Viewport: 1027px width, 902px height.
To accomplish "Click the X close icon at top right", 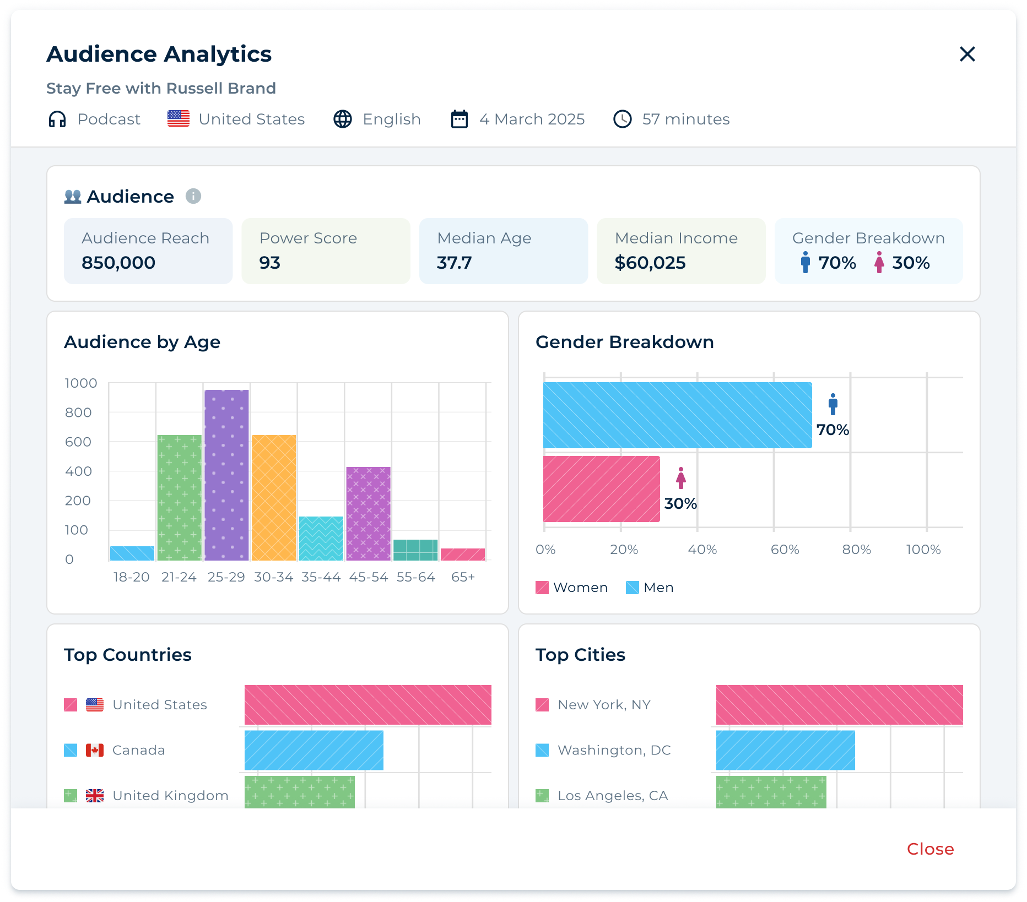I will [967, 54].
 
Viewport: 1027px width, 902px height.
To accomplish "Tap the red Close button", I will [930, 849].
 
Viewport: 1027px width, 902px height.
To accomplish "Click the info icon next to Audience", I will [193, 196].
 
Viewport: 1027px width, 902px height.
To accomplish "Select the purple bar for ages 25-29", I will [226, 475].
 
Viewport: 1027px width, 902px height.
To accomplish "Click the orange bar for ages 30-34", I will [274, 497].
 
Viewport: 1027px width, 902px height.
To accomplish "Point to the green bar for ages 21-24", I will [179, 497].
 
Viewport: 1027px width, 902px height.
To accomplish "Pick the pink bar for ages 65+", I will [463, 554].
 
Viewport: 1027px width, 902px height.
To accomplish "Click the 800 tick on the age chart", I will [78, 412].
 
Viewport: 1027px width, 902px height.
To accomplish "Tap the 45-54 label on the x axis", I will [368, 577].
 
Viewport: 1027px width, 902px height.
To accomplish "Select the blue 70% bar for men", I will [677, 415].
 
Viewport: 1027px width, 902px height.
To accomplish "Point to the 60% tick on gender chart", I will [785, 550].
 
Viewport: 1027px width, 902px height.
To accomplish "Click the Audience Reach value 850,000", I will [118, 263].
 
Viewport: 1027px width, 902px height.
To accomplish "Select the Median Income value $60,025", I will [650, 263].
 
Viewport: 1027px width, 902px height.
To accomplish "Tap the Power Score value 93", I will [269, 263].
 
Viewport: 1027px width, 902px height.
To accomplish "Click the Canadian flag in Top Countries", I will [95, 750].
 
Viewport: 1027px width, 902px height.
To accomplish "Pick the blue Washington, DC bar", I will [785, 750].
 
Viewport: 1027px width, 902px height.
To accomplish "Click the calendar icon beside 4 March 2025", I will [459, 119].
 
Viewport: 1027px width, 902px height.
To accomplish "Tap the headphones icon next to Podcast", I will [57, 119].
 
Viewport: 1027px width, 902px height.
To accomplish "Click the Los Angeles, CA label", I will [613, 796].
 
